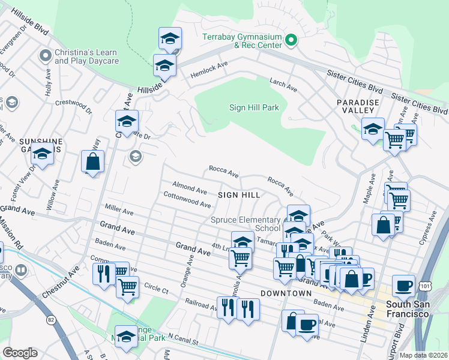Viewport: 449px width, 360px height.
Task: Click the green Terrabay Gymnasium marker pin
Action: coord(291,41)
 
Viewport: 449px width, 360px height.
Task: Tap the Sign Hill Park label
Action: coord(254,108)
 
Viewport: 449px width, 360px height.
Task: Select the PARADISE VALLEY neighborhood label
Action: coord(358,107)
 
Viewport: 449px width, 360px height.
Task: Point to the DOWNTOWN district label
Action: coord(286,293)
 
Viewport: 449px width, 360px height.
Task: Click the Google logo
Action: coord(20,353)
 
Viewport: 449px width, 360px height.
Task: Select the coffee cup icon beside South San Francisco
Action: coord(404,285)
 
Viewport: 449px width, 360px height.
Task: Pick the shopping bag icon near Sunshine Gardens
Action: coord(93,161)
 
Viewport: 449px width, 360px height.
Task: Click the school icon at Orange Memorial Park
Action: coord(126,337)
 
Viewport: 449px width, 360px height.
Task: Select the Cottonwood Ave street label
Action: coord(187,199)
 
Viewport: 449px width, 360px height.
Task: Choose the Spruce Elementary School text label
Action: coord(246,224)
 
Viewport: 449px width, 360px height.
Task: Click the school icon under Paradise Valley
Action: coord(373,129)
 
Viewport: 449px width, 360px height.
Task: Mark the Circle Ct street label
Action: coord(156,289)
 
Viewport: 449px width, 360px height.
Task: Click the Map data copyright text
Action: coord(423,355)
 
